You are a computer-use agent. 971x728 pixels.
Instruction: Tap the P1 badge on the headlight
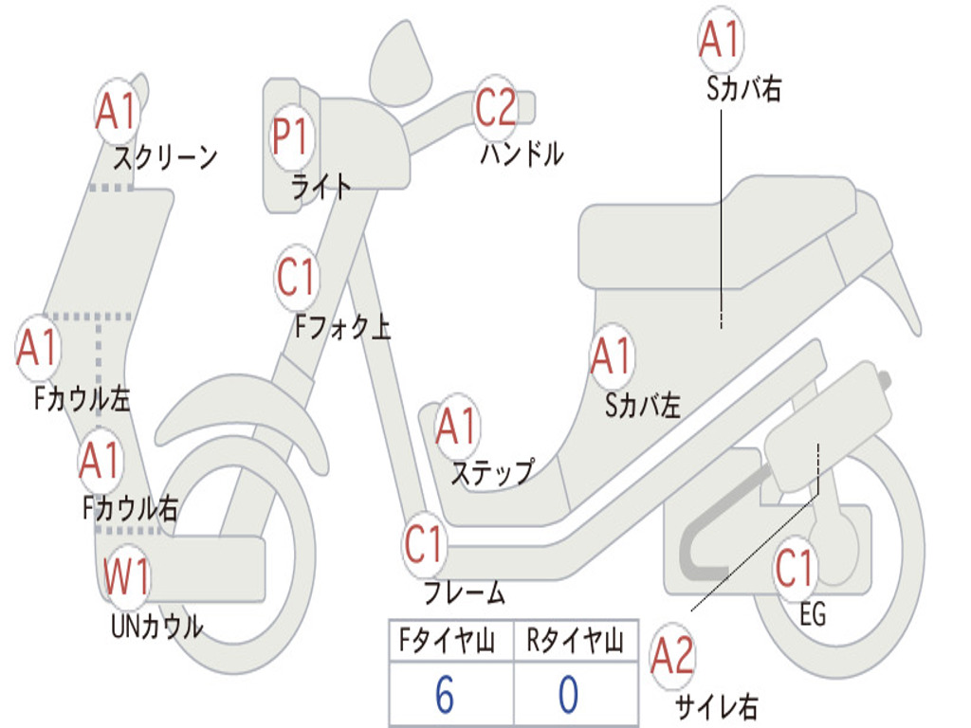[x=290, y=136]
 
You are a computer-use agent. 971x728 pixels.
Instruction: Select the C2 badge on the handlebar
[x=495, y=108]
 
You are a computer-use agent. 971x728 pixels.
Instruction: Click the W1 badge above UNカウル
[x=127, y=576]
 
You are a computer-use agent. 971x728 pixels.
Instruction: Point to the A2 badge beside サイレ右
[x=672, y=656]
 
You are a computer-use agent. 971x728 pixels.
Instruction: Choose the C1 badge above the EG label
[x=796, y=569]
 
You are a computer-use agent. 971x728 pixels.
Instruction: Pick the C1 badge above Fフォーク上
[x=297, y=278]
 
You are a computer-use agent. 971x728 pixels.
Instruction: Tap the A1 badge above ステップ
[x=457, y=426]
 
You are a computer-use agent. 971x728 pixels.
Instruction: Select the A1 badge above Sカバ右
[x=721, y=39]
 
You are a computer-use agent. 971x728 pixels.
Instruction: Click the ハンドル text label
[x=522, y=154]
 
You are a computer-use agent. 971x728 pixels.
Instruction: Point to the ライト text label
[x=321, y=187]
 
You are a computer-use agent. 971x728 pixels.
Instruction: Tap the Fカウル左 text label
[x=82, y=399]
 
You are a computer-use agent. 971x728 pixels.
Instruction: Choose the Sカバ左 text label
[x=643, y=406]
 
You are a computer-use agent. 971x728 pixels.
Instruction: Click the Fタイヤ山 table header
[x=448, y=640]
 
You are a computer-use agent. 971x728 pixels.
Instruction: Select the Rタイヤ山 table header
[x=575, y=640]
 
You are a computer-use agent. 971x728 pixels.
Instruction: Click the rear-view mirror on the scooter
[x=400, y=62]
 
